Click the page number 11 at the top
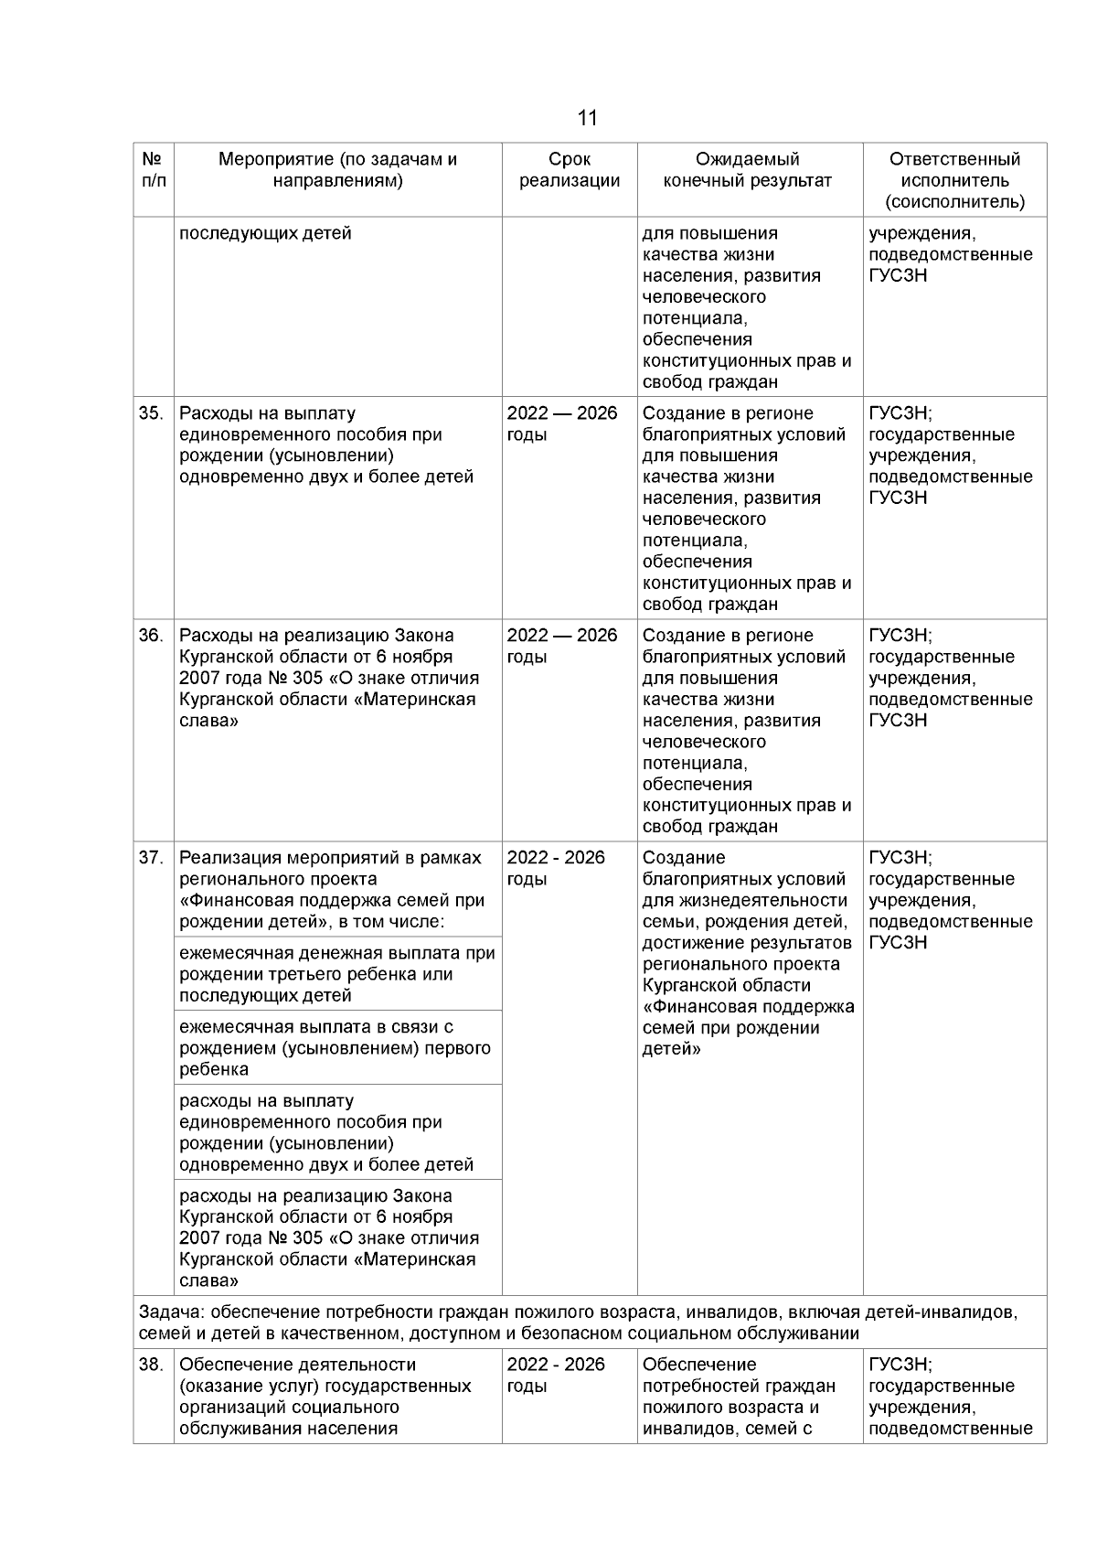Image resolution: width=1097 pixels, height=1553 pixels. (x=588, y=118)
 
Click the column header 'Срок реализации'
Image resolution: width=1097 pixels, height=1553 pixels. (x=570, y=170)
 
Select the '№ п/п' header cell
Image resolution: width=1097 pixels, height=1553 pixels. (x=154, y=170)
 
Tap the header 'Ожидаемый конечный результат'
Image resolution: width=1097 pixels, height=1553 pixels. (x=748, y=170)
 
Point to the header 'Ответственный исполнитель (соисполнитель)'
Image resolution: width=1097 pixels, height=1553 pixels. (x=954, y=180)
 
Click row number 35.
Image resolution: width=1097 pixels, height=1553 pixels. (x=151, y=413)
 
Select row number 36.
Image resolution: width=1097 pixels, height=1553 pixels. (x=151, y=636)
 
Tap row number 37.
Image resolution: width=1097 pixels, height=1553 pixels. (x=151, y=858)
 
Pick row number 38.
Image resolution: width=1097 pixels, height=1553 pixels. (x=151, y=1365)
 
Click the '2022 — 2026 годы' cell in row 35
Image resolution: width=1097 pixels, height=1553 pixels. (x=562, y=423)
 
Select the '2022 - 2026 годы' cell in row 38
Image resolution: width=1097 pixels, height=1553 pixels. (x=556, y=1375)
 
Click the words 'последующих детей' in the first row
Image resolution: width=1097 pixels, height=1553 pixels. (x=265, y=233)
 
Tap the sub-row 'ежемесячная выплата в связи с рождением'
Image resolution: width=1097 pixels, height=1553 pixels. (x=334, y=1048)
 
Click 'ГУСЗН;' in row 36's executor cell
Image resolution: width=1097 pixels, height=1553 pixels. (x=900, y=636)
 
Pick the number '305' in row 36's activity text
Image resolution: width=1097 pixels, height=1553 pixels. (x=309, y=679)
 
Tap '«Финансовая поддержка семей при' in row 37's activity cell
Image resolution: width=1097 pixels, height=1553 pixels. (x=332, y=900)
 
